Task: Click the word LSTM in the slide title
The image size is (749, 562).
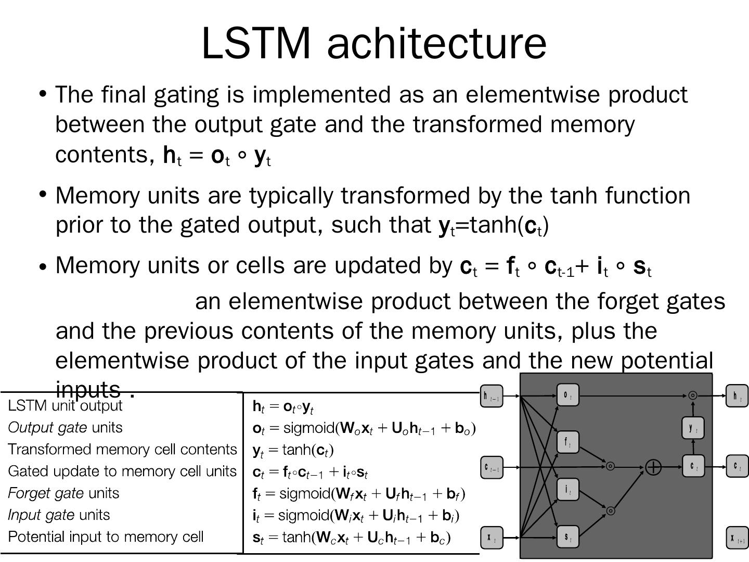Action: pyautogui.click(x=255, y=43)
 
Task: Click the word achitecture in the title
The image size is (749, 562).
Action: pyautogui.click(x=436, y=43)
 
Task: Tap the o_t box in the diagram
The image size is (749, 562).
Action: pyautogui.click(x=567, y=395)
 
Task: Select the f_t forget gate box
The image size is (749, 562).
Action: pyautogui.click(x=567, y=442)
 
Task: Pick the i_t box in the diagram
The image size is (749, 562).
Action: pyautogui.click(x=567, y=490)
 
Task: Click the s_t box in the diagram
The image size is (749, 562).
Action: pyautogui.click(x=567, y=537)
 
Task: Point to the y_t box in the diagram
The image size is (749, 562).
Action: pyautogui.click(x=693, y=428)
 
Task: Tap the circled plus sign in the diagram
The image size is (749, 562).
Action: pyautogui.click(x=653, y=467)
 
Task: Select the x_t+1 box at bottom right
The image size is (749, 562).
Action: pyautogui.click(x=737, y=538)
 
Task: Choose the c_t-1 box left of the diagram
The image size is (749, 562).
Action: pyautogui.click(x=491, y=467)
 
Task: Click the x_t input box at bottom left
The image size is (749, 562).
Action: pyautogui.click(x=491, y=538)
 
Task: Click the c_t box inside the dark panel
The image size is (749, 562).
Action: pyautogui.click(x=693, y=466)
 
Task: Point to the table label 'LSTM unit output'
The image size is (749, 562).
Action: pyautogui.click(x=65, y=406)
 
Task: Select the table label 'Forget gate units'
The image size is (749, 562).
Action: pyautogui.click(x=63, y=493)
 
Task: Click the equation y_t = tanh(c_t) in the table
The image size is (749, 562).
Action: pyautogui.click(x=293, y=450)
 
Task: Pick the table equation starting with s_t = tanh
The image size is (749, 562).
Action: pyautogui.click(x=351, y=538)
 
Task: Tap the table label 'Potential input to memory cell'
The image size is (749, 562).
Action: pyautogui.click(x=106, y=537)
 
